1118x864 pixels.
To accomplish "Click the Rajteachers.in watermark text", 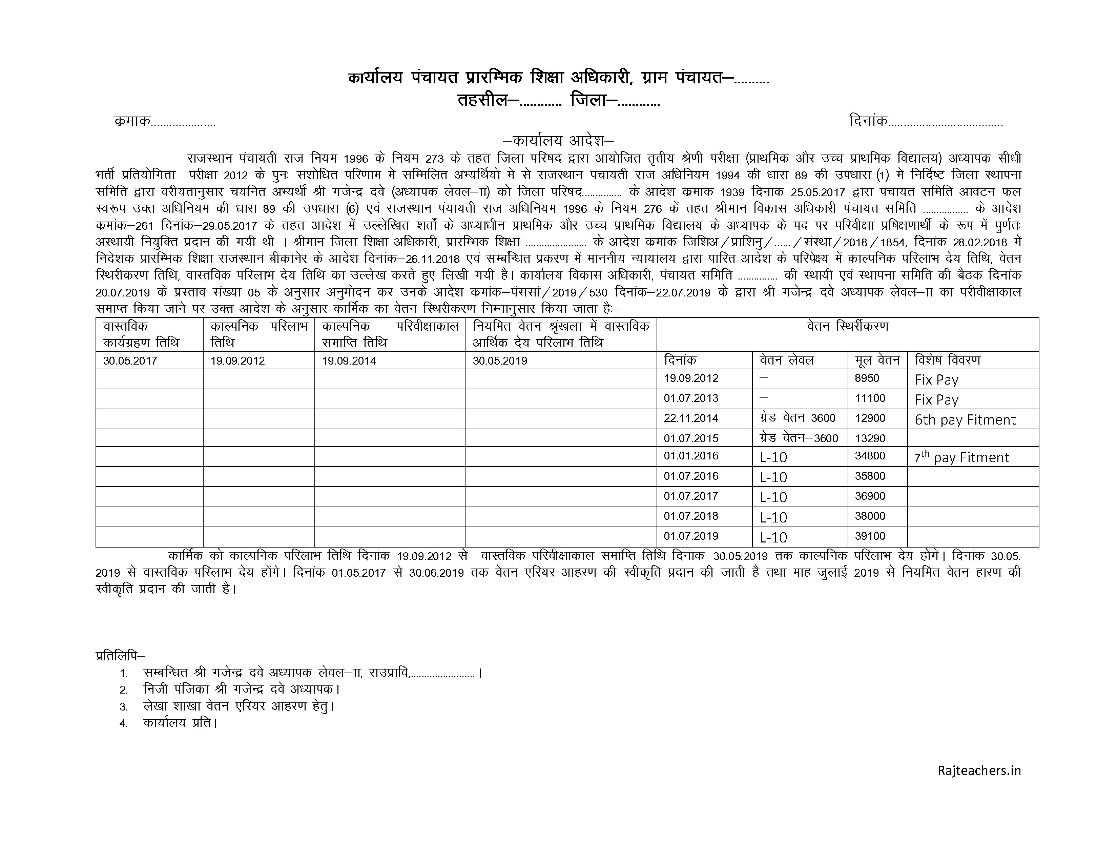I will pos(979,785).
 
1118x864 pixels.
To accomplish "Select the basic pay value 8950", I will pos(867,378).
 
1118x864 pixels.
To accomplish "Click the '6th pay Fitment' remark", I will pos(965,420).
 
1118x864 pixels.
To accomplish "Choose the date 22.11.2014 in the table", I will pos(691,418).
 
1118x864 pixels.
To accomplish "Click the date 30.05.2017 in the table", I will pos(130,361).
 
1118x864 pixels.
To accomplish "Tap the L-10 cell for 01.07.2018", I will pos(773,517).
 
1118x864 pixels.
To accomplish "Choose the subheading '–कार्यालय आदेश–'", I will pos(558,140).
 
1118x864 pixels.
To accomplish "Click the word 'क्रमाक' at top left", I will pos(132,122).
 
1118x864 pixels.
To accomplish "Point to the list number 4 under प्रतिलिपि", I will pos(123,724).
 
